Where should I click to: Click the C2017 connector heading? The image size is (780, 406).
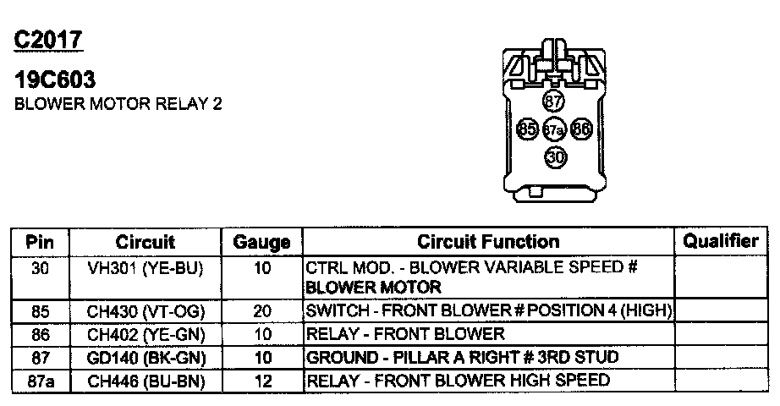pos(48,40)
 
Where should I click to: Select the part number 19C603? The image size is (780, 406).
pos(55,81)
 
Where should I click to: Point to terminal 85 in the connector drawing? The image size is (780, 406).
pos(527,129)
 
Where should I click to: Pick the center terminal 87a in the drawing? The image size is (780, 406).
pos(553,130)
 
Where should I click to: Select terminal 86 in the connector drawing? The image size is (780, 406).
pos(580,129)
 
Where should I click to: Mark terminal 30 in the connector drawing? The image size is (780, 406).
pos(554,156)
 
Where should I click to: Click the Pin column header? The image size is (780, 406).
pos(40,242)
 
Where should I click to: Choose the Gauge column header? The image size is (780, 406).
pos(261,243)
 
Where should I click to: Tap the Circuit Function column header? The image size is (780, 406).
pos(488,242)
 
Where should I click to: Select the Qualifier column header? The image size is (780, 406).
pos(720,241)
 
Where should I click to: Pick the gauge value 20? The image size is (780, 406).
pos(262,311)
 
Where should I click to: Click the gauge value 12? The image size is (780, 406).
pos(262,381)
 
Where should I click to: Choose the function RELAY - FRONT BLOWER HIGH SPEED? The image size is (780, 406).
pos(458,381)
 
